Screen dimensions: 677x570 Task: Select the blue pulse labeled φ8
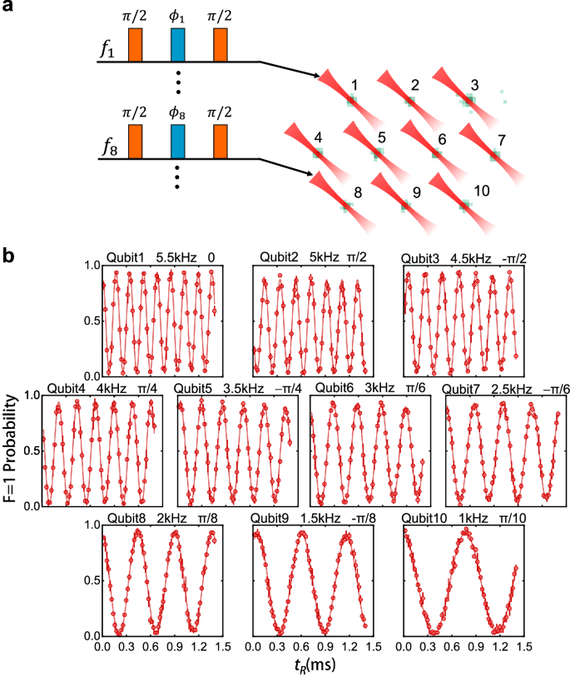pyautogui.click(x=177, y=142)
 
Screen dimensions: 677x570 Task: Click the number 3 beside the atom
pyautogui.click(x=473, y=84)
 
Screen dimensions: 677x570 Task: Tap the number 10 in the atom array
pyautogui.click(x=481, y=190)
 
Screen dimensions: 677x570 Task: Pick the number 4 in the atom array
pyautogui.click(x=318, y=136)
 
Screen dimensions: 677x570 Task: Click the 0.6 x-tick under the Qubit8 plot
pyautogui.click(x=156, y=645)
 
